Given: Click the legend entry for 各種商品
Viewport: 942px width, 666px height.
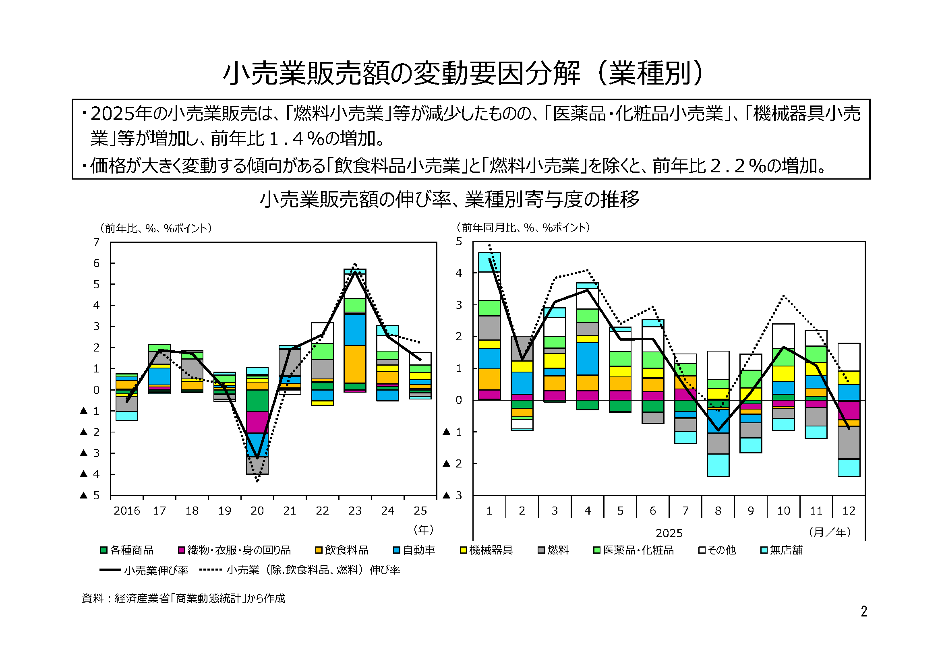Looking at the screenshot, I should pos(127,550).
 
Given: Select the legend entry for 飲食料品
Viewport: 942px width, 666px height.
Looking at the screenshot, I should pos(342,550).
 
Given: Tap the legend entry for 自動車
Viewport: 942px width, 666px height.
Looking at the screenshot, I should pos(414,550).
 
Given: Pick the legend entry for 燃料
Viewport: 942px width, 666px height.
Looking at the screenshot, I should pos(553,550).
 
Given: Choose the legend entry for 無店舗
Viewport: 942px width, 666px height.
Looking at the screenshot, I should pos(782,550).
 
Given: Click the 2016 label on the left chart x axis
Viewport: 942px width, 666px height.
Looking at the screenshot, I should pos(127,511).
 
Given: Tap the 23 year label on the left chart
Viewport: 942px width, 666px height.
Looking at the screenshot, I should pos(355,511).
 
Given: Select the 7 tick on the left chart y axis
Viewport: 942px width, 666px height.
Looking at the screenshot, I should pos(96,242).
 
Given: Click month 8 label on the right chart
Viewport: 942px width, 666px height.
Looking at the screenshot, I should pos(718,511).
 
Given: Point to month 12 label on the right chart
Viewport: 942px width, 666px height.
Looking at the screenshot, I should pos(849,511).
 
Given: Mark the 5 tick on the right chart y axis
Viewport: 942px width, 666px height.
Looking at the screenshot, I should pos(459,242).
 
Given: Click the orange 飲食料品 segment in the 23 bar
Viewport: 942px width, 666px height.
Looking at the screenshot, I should pos(355,364).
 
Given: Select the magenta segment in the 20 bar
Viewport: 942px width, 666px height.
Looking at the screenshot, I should pos(257,422).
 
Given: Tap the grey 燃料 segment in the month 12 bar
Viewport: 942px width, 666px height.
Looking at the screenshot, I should pos(849,443).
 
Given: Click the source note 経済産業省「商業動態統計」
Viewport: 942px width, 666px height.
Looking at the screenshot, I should pos(183,599).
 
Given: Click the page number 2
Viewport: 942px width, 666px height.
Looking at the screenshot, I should pos(864,612).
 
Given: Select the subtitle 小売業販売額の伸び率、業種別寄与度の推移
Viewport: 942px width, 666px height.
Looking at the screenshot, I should pos(450,200).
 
